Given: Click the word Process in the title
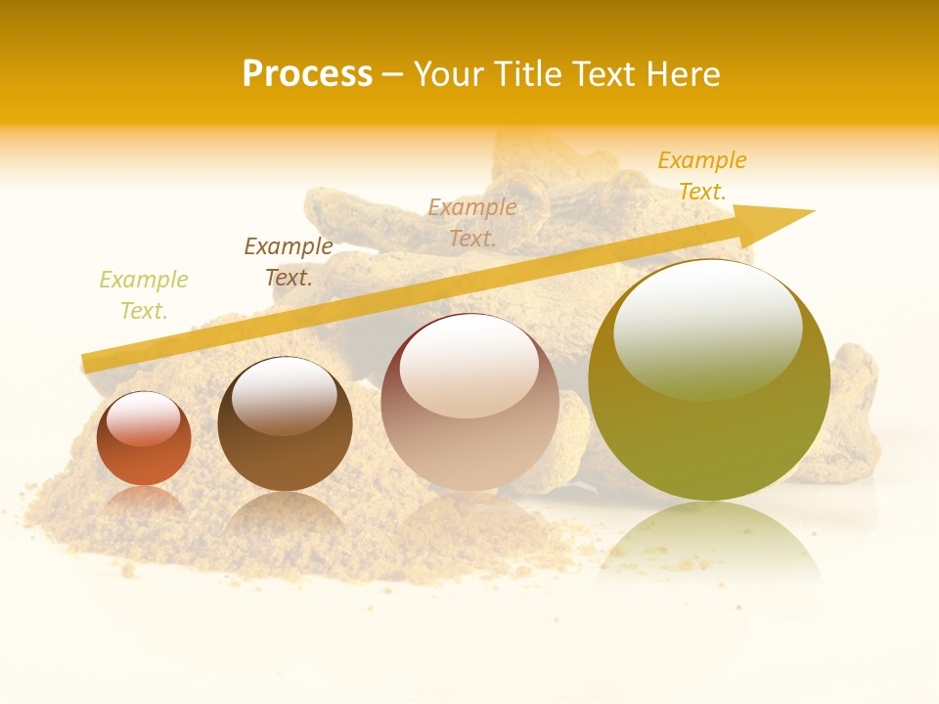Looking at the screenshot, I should point(307,74).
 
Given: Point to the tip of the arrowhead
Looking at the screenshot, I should point(813,211).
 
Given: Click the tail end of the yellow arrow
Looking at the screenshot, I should point(85,364).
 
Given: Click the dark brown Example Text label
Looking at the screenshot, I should point(289,262).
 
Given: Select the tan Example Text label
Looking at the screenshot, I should point(472,222).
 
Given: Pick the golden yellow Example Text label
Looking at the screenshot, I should point(702,176).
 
